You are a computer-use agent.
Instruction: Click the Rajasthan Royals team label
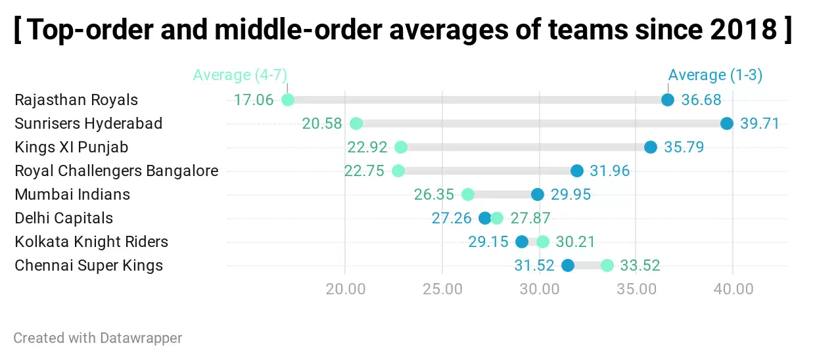pyautogui.click(x=76, y=100)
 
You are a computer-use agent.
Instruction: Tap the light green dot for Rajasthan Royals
pyautogui.click(x=287, y=100)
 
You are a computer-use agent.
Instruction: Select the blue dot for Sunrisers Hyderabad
pyautogui.click(x=726, y=124)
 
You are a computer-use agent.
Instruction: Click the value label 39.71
pyautogui.click(x=759, y=124)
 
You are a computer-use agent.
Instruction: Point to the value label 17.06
pyautogui.click(x=253, y=100)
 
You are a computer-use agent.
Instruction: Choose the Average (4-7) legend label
pyautogui.click(x=240, y=75)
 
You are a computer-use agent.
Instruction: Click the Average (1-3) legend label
pyautogui.click(x=715, y=75)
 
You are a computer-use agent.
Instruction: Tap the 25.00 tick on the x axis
pyautogui.click(x=442, y=289)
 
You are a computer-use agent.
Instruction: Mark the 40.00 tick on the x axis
pyautogui.click(x=733, y=289)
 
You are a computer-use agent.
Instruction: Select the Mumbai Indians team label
pyautogui.click(x=72, y=194)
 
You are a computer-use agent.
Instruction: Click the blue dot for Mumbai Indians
pyautogui.click(x=538, y=194)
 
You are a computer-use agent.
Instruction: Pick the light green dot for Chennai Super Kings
pyautogui.click(x=607, y=265)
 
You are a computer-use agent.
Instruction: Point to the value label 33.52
pyautogui.click(x=640, y=265)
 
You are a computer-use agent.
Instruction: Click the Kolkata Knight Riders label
pyautogui.click(x=91, y=242)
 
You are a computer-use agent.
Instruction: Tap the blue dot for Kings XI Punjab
pyautogui.click(x=651, y=147)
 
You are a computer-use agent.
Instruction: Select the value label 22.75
pyautogui.click(x=364, y=171)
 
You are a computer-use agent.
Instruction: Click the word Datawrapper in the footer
pyautogui.click(x=141, y=338)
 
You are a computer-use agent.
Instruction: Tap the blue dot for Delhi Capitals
pyautogui.click(x=485, y=218)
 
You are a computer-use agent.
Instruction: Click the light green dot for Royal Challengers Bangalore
pyautogui.click(x=398, y=171)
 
